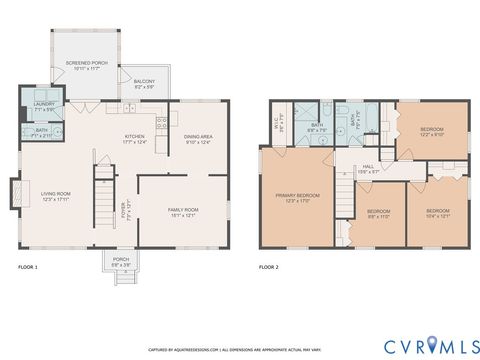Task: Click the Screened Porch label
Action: (x=85, y=65)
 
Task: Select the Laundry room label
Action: (x=42, y=106)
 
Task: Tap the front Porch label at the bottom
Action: (x=121, y=261)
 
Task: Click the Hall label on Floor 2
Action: (x=369, y=168)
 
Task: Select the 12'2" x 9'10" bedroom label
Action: (x=431, y=132)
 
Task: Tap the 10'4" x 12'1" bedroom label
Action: (x=438, y=213)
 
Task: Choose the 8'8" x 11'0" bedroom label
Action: (x=378, y=214)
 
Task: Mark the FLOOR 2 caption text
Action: (x=269, y=268)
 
